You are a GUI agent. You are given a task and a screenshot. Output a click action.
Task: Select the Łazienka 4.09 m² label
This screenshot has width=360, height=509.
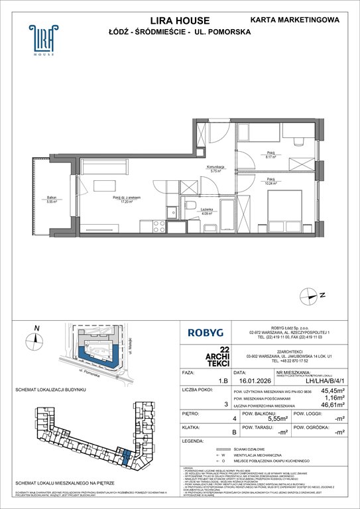coord(207,211)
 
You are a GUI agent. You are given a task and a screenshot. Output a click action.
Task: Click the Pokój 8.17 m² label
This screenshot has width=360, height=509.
coord(271,156)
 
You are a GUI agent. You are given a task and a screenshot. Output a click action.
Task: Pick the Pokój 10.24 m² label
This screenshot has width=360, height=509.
coord(271,181)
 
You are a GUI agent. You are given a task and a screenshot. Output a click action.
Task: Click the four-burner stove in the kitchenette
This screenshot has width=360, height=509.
coord(159,226)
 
